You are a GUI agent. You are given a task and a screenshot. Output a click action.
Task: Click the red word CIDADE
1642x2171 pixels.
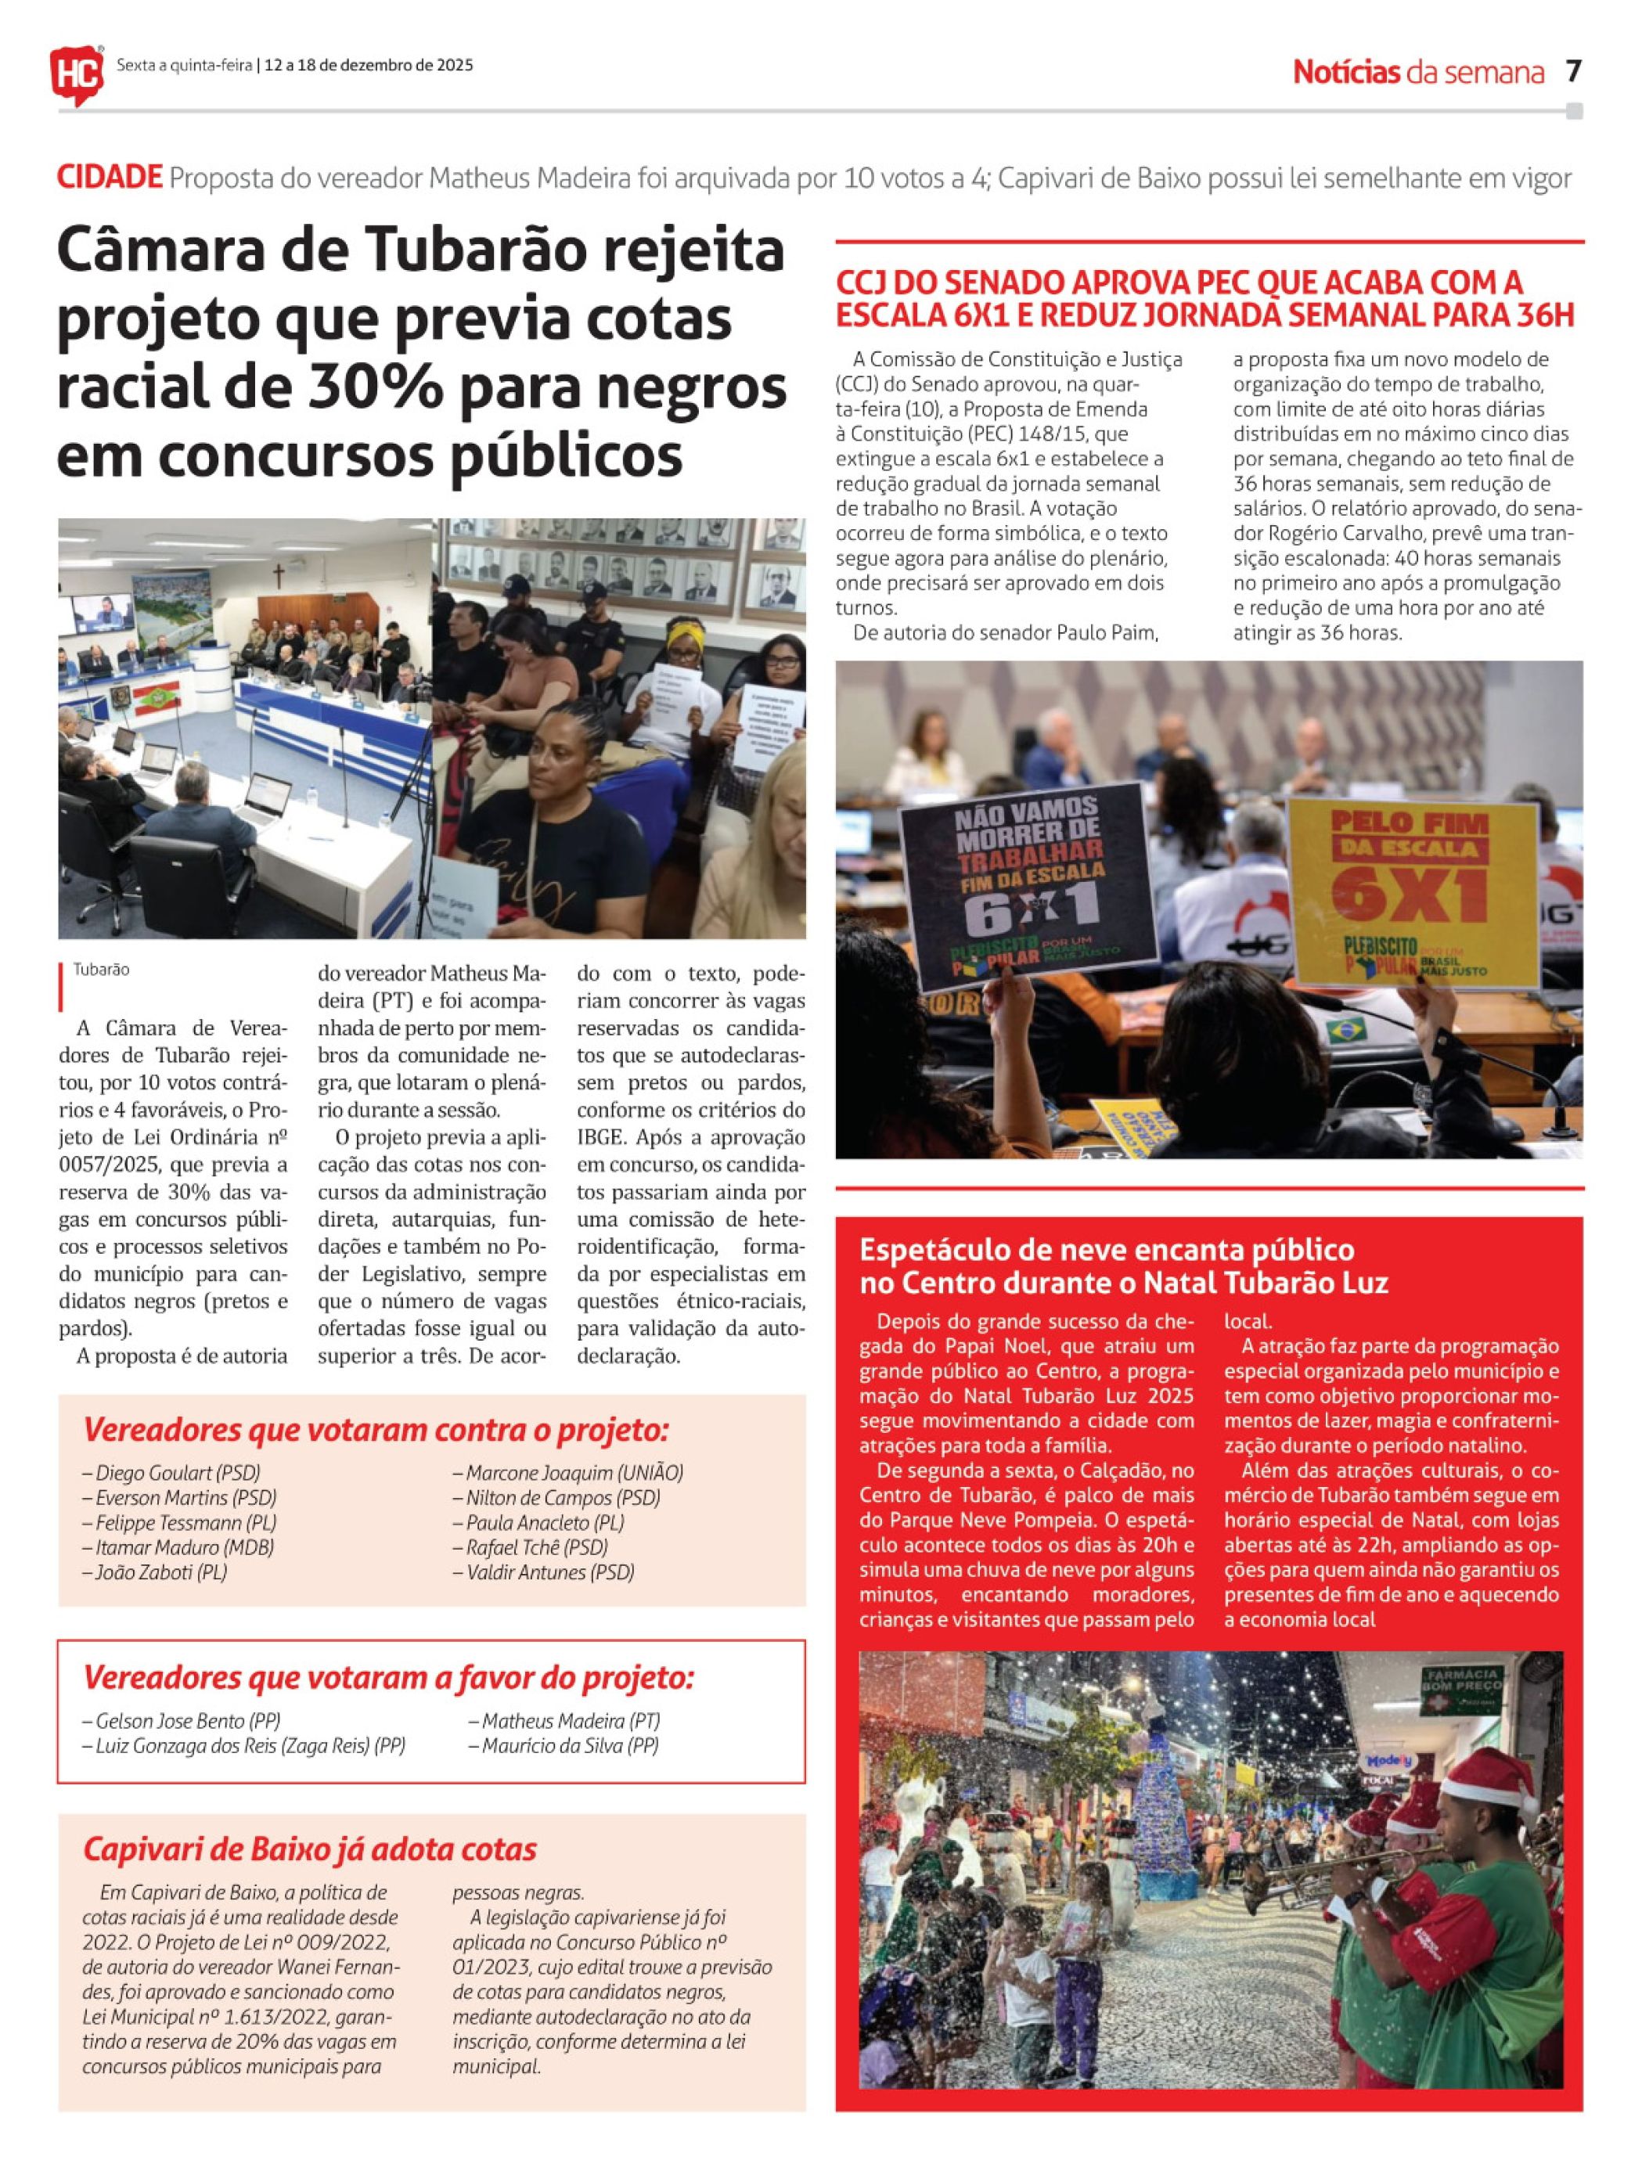109,178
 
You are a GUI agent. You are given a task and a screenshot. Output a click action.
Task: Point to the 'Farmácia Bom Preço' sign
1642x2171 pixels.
1461,1687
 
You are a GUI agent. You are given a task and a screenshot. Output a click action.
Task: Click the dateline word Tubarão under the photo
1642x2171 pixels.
101,970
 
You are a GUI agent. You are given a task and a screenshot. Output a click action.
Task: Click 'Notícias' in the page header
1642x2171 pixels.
1345,72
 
